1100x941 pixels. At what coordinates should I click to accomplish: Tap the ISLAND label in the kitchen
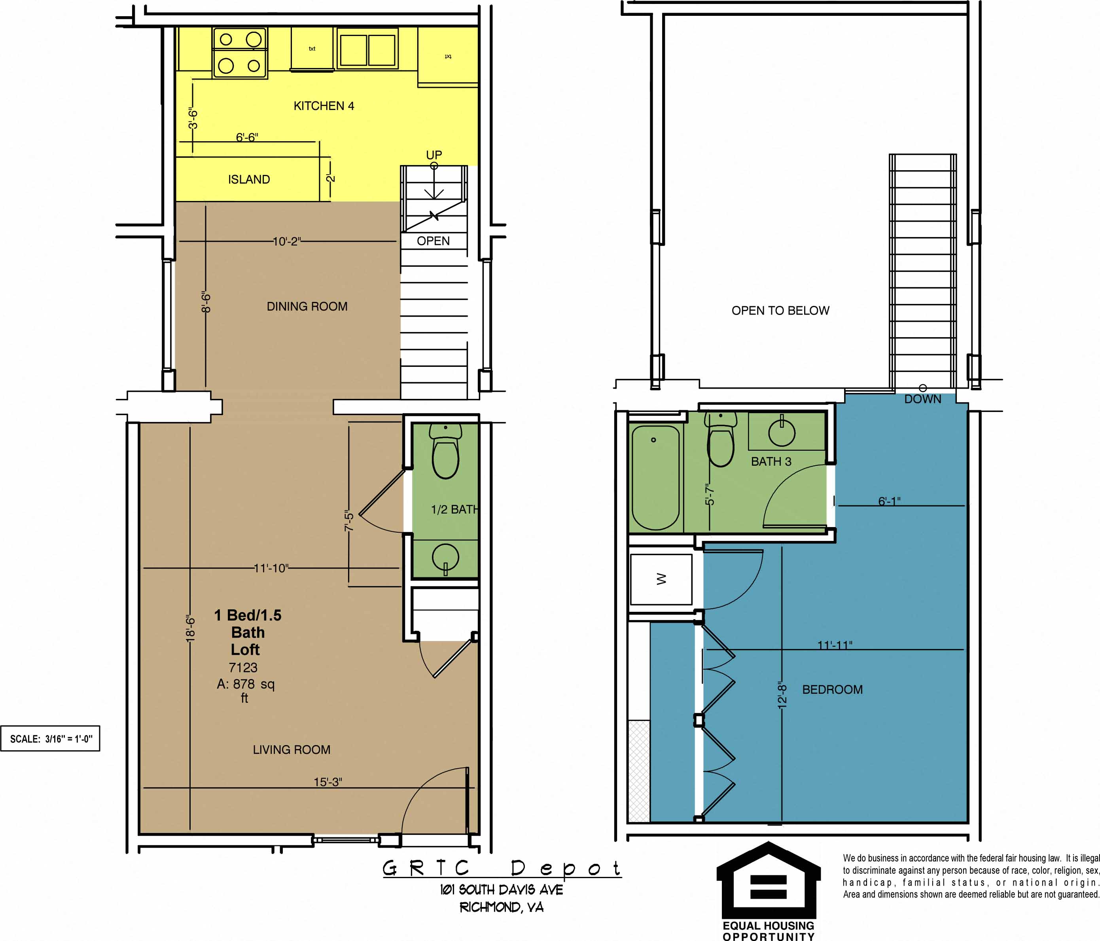coord(248,180)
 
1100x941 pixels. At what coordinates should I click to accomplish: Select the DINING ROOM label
coord(307,306)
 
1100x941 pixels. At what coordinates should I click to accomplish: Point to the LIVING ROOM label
coord(292,749)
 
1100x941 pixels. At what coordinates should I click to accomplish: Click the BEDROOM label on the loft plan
coord(832,689)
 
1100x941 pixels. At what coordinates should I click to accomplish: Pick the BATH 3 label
coord(771,461)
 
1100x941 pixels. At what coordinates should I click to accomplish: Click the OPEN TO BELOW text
coord(780,311)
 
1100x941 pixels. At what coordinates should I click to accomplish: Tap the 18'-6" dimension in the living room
coord(190,628)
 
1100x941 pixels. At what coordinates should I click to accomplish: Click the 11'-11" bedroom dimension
coord(834,645)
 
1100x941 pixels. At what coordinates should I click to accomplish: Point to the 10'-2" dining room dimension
coord(287,242)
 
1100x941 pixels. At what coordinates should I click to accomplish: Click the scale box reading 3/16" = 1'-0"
coord(51,739)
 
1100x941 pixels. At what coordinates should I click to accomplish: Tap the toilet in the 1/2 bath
coord(445,454)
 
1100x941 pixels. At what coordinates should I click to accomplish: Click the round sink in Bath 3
coord(782,431)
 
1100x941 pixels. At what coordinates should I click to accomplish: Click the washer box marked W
coord(661,579)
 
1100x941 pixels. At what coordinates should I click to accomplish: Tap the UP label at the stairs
coord(434,155)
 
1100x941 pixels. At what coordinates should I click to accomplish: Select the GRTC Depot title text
coord(501,868)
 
